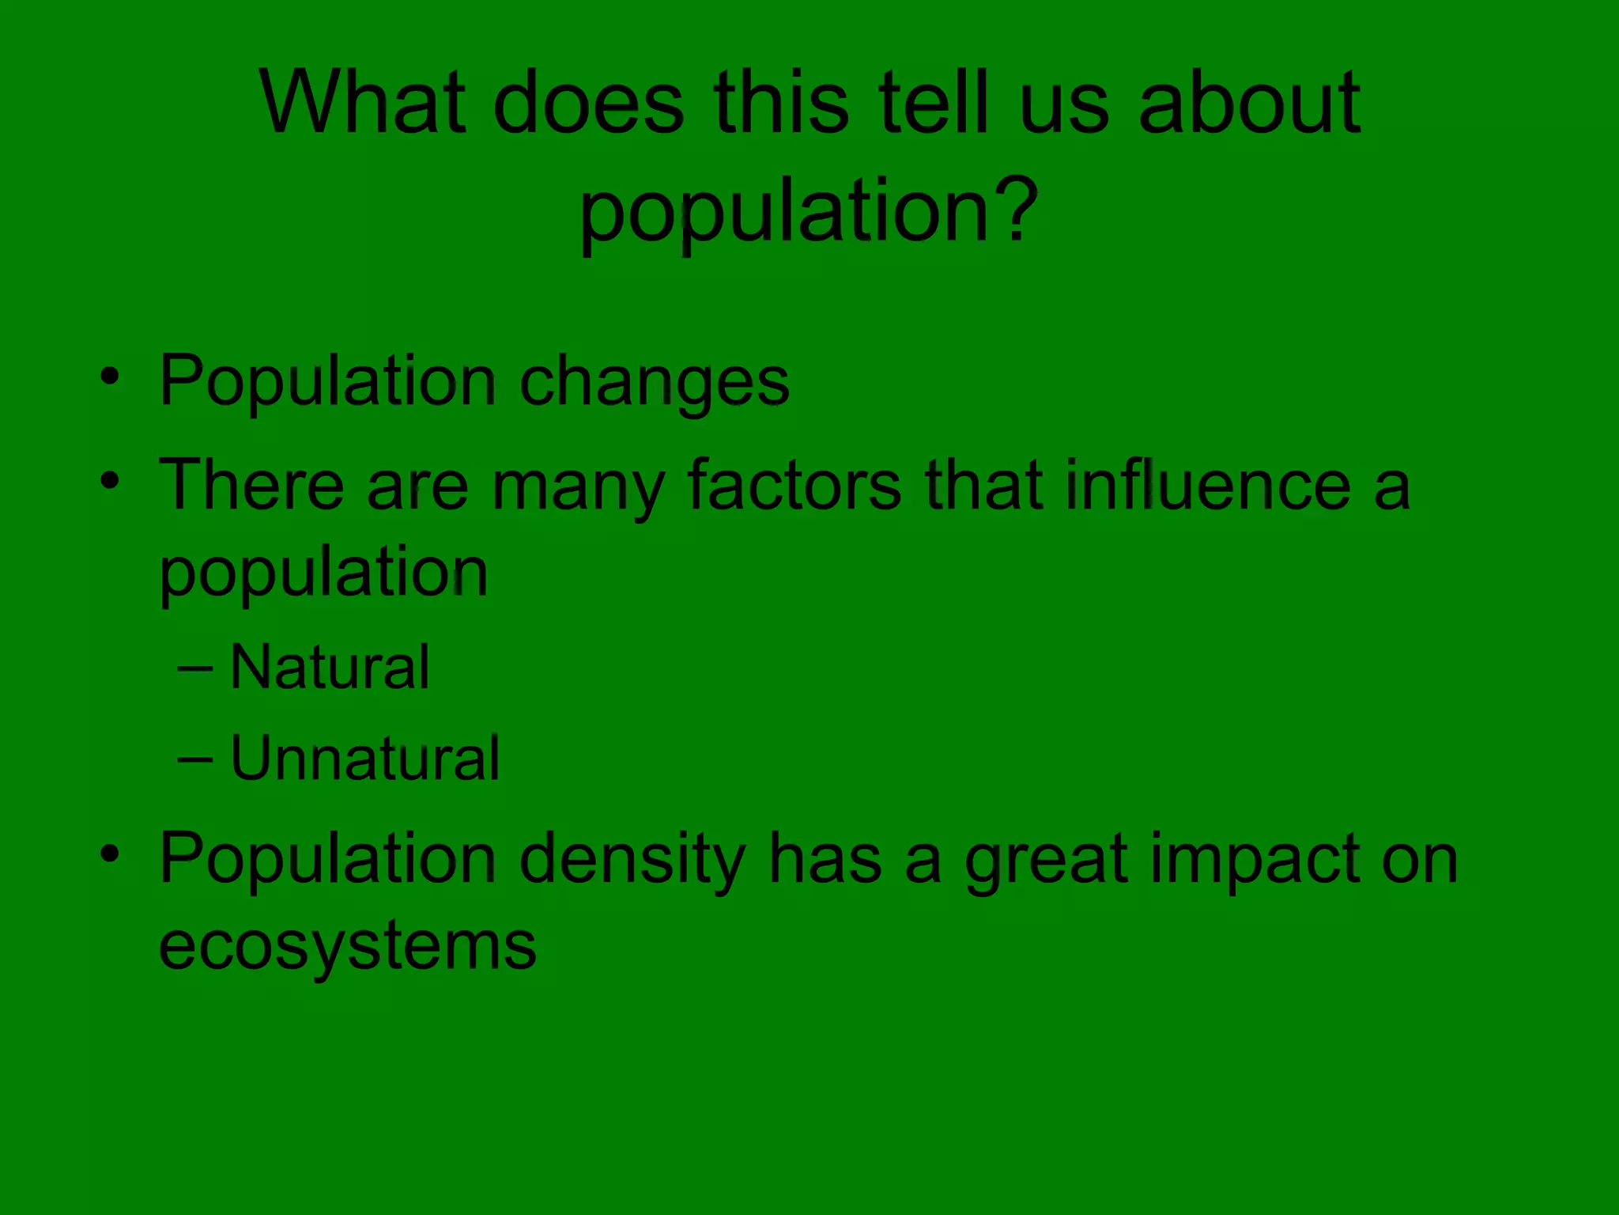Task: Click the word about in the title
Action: (x=1249, y=103)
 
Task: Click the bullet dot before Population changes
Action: (x=110, y=375)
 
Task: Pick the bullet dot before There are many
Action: (x=110, y=479)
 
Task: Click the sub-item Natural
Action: (x=330, y=668)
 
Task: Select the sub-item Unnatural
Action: (x=364, y=759)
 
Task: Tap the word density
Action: (x=632, y=861)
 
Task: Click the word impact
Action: (x=1255, y=861)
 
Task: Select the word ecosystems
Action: (x=348, y=946)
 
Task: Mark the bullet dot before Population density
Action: (x=110, y=853)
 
